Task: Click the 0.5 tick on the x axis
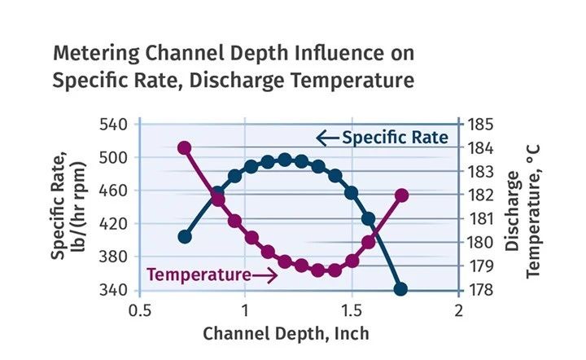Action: click(x=140, y=310)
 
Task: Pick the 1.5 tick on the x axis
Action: click(x=352, y=310)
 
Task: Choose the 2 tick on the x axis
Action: click(x=458, y=310)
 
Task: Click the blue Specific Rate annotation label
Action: click(x=395, y=138)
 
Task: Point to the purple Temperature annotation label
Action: click(x=199, y=274)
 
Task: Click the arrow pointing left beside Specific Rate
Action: click(x=327, y=138)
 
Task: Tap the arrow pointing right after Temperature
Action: click(x=266, y=274)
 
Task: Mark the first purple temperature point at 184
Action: click(x=185, y=148)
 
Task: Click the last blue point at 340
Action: click(x=400, y=289)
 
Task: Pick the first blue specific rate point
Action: click(x=185, y=237)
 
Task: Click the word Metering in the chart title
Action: click(x=90, y=54)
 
